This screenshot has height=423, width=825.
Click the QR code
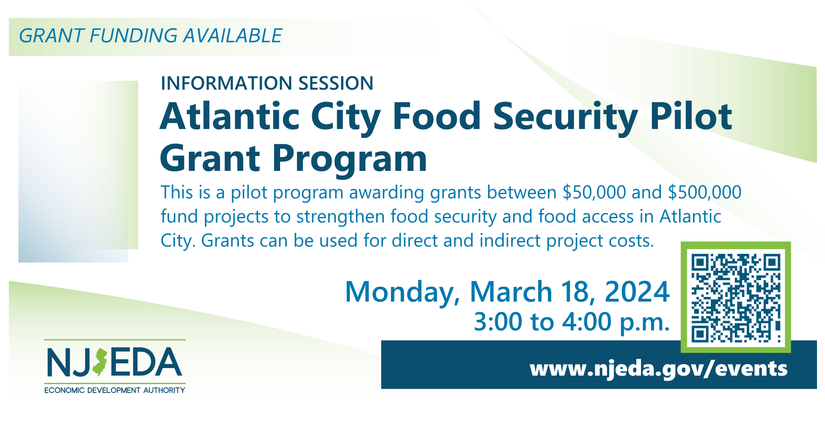pyautogui.click(x=736, y=297)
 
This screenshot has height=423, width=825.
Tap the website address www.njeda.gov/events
pyautogui.click(x=658, y=369)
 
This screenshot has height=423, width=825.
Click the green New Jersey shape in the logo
pyautogui.click(x=100, y=363)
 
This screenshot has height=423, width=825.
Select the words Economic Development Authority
pyautogui.click(x=115, y=390)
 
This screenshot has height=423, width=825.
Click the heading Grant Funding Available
pyautogui.click(x=151, y=36)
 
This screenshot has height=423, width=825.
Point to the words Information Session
pyautogui.click(x=267, y=83)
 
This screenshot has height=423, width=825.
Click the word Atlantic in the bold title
pyautogui.click(x=230, y=116)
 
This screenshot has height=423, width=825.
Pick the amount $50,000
pyautogui.click(x=594, y=192)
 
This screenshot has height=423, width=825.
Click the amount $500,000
pyautogui.click(x=704, y=192)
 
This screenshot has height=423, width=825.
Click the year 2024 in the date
pyautogui.click(x=637, y=292)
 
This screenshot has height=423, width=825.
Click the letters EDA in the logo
pyautogui.click(x=146, y=362)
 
